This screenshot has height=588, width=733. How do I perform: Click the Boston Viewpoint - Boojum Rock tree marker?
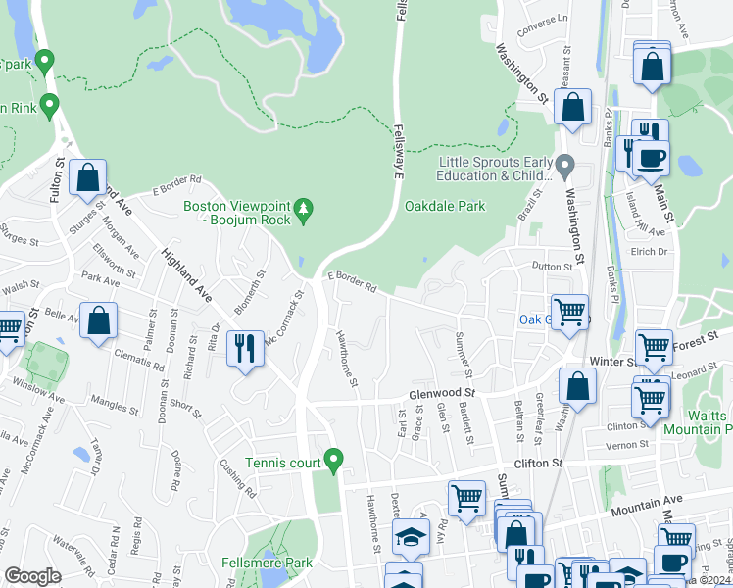click(304, 208)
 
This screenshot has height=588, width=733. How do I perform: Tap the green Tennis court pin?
click(334, 459)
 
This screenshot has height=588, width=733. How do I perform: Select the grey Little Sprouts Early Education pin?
click(564, 163)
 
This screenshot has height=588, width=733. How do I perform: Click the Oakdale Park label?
click(445, 207)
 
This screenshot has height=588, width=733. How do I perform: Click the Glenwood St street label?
click(441, 393)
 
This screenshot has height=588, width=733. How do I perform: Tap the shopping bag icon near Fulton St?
click(88, 178)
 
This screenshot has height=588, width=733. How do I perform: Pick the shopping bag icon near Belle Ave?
click(99, 320)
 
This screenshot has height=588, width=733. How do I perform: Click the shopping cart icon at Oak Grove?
click(569, 313)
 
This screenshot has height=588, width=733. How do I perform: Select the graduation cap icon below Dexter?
click(411, 536)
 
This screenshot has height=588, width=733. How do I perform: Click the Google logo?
click(32, 576)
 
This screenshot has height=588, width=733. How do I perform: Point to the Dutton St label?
click(552, 267)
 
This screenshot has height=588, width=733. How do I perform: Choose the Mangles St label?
click(115, 401)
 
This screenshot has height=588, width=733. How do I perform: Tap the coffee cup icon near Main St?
click(653, 158)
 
